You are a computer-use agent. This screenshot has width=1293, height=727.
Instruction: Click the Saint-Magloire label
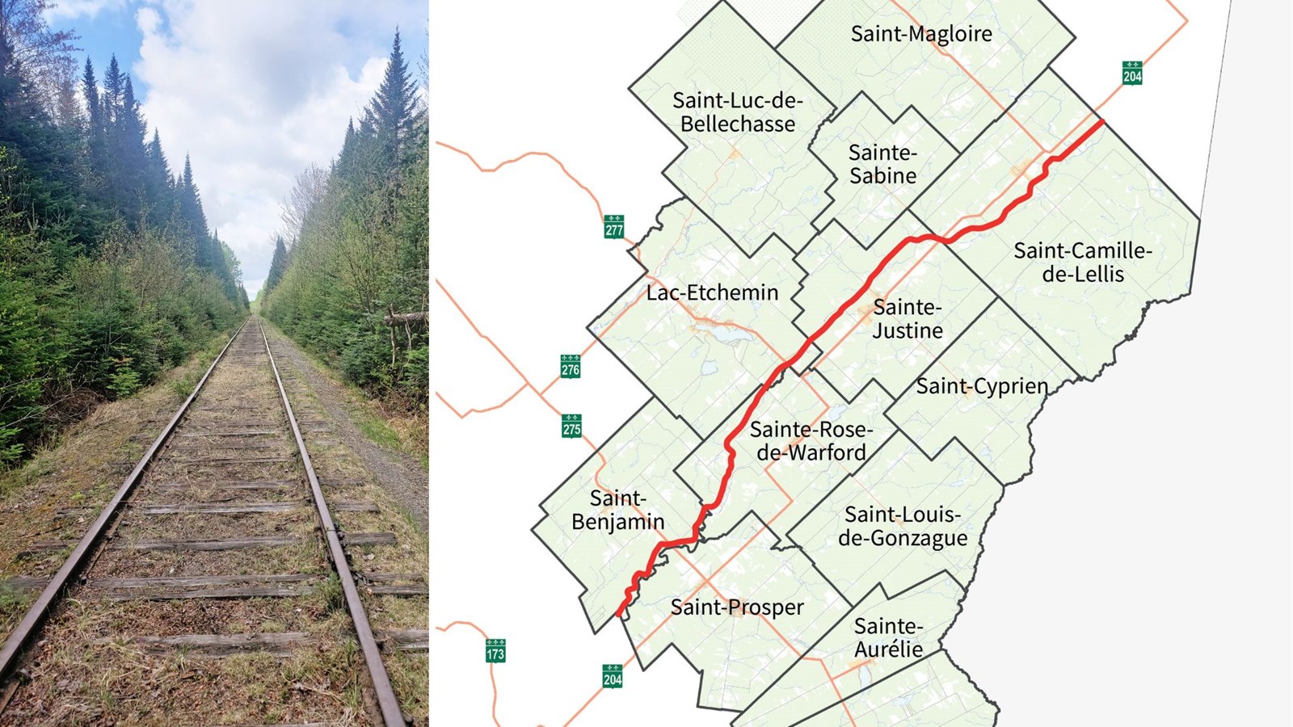[x=921, y=34]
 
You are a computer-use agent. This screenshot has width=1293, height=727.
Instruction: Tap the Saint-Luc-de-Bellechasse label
[x=737, y=112]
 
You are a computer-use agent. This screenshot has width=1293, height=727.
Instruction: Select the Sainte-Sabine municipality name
[x=882, y=164]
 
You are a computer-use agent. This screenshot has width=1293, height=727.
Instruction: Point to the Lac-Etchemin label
[x=712, y=292]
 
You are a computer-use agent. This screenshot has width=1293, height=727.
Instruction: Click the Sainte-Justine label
[x=907, y=319]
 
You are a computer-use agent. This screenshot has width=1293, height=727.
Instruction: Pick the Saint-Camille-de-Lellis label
[x=1083, y=262]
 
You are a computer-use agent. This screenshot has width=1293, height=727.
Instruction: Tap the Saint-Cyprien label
[x=981, y=387]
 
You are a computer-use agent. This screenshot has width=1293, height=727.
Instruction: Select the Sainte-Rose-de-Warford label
[x=811, y=441]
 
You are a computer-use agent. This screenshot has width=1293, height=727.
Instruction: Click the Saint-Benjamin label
[x=617, y=510]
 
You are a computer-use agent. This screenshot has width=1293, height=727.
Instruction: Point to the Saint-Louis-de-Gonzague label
[x=902, y=526]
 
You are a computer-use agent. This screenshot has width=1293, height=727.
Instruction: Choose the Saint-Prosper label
[x=737, y=607]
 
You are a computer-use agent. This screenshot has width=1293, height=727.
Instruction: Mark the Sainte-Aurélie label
[x=888, y=637]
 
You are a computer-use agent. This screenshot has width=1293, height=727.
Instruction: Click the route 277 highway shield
[x=614, y=226]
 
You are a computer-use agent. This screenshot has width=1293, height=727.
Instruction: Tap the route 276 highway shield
[x=571, y=366]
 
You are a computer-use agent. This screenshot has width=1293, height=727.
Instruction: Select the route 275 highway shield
[x=571, y=425]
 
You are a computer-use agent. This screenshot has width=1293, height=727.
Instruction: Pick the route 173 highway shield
[x=495, y=650]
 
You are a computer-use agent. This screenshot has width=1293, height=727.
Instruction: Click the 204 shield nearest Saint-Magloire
[x=1132, y=73]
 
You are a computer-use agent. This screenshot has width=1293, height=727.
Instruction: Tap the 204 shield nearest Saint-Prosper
[x=613, y=675]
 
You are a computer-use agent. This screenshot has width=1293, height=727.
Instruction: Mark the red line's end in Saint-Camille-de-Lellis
[x=1102, y=122]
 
